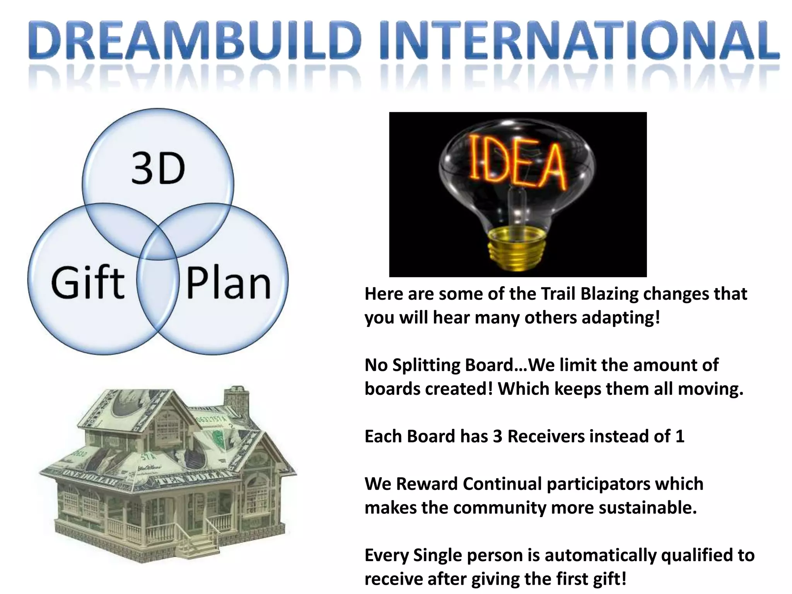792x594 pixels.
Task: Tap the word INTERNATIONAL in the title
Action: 580,41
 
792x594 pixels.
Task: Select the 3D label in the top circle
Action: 158,169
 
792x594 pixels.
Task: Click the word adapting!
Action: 620,318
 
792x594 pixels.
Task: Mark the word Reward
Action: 427,484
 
